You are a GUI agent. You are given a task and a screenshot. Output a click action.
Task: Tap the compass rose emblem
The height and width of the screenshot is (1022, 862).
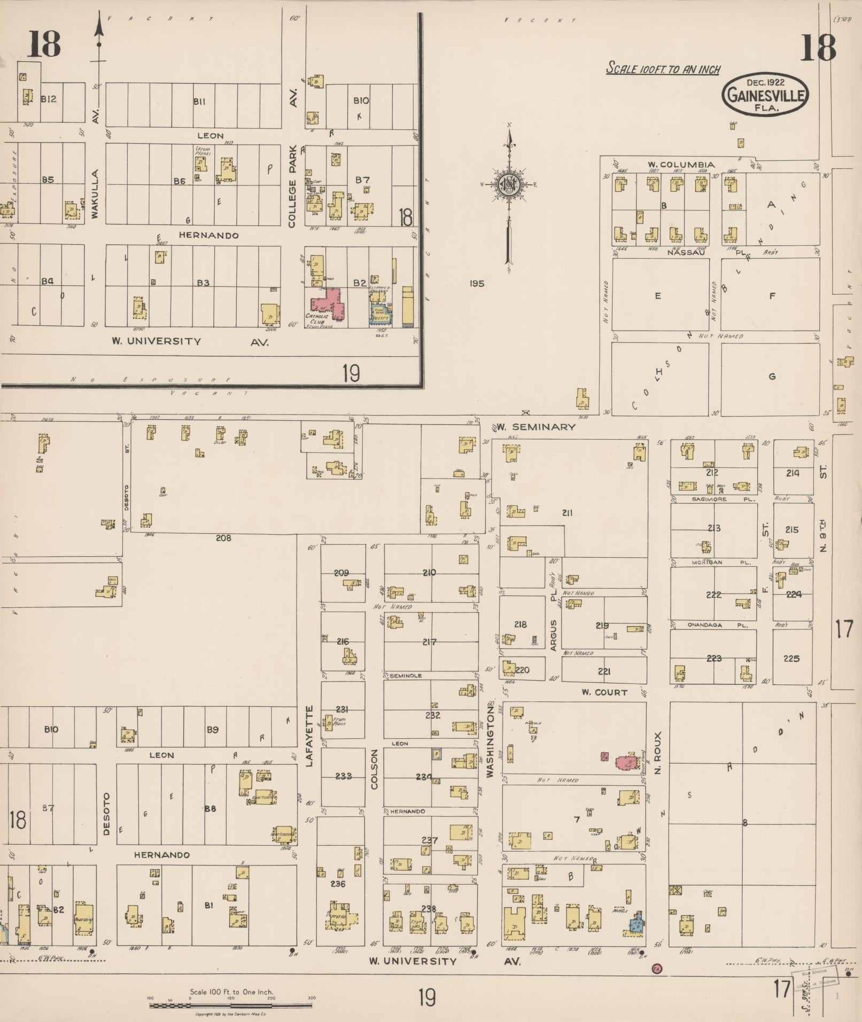(x=508, y=184)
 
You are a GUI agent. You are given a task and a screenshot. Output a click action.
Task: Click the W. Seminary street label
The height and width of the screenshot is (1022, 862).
(x=536, y=426)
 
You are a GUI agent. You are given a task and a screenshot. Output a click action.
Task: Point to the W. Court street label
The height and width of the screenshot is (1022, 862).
(x=604, y=692)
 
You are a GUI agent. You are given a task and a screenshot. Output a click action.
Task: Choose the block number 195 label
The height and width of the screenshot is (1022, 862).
(x=477, y=284)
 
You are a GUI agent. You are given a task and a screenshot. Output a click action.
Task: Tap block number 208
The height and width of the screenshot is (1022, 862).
(x=223, y=538)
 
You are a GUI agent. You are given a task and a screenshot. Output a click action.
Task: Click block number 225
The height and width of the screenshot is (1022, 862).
(x=791, y=658)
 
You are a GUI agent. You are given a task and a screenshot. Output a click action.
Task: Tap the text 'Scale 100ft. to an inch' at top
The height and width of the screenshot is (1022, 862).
(x=663, y=69)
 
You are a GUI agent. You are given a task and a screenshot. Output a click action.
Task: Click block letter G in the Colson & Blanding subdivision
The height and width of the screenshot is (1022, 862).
(x=772, y=377)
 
